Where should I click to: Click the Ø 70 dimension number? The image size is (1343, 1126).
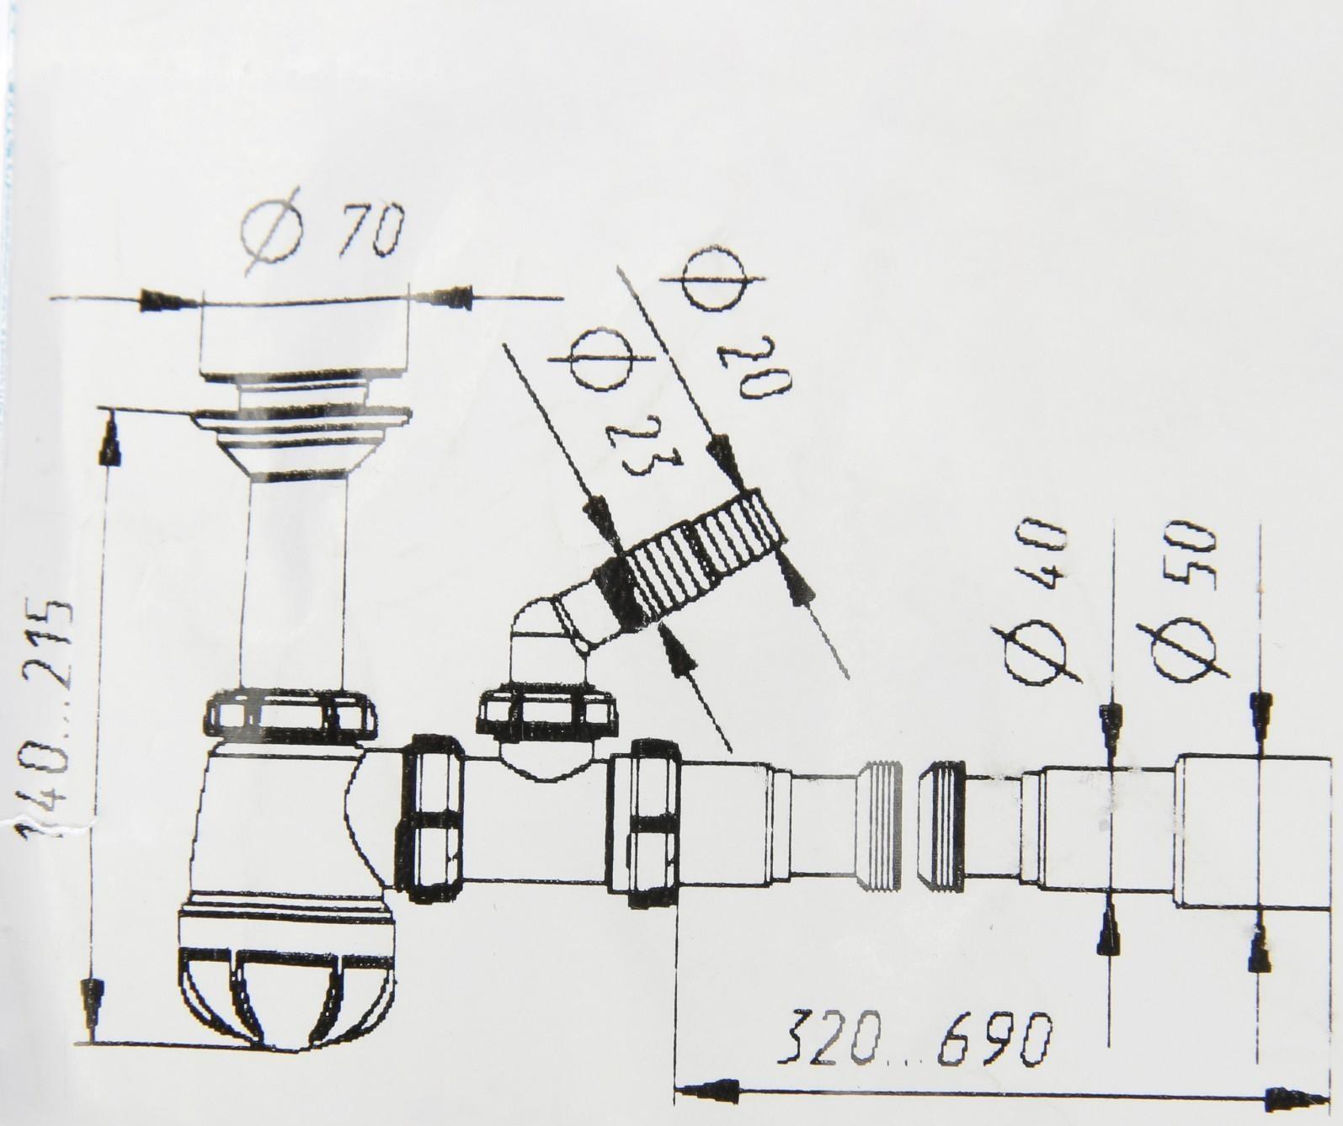click(372, 229)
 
